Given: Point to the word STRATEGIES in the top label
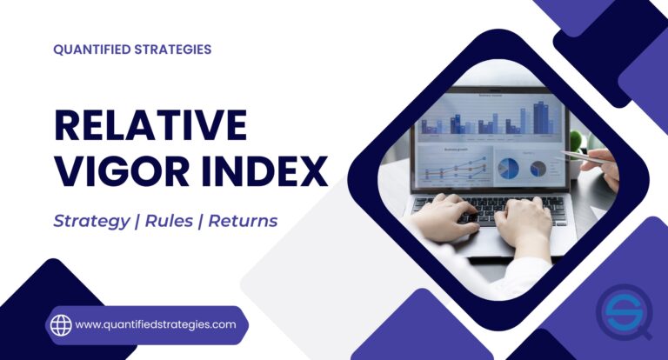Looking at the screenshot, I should pyautogui.click(x=177, y=50).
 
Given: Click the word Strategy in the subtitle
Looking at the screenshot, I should pyautogui.click(x=88, y=221).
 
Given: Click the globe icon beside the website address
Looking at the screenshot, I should pyautogui.click(x=61, y=325).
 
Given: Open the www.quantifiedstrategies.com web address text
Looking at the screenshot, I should pyautogui.click(x=156, y=324).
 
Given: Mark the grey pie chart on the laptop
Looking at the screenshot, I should pyautogui.click(x=538, y=167).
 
